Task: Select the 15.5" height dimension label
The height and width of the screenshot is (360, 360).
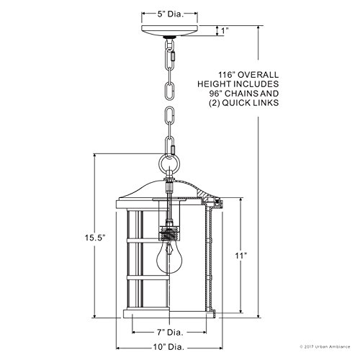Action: point(81,234)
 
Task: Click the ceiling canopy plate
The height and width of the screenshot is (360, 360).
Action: point(172,31)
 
